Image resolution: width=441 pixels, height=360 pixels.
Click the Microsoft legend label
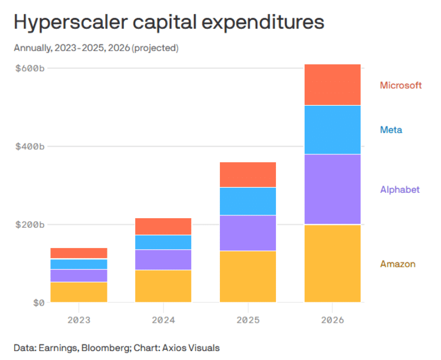click(400, 85)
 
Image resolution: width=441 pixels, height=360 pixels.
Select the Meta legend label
click(391, 130)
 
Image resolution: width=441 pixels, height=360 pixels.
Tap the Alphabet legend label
click(400, 190)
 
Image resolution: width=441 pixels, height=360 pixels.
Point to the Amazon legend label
click(397, 264)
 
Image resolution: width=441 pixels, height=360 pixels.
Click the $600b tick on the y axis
click(29, 68)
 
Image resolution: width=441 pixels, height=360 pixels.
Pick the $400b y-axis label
click(29, 146)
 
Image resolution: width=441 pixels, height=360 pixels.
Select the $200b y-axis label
click(29, 224)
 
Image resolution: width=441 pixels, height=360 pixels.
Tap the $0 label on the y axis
click(38, 303)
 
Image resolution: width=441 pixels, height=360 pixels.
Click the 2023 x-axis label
click(79, 319)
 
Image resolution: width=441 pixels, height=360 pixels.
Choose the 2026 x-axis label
click(332, 319)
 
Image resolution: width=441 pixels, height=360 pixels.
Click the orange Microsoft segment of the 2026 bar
click(332, 85)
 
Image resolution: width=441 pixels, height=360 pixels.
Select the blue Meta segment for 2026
click(332, 129)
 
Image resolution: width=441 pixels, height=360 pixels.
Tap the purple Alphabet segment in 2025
click(248, 233)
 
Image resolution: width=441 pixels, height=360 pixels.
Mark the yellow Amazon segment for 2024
click(163, 286)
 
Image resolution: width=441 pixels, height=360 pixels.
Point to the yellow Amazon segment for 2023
click(79, 292)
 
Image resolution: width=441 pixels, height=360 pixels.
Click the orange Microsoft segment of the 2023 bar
click(79, 253)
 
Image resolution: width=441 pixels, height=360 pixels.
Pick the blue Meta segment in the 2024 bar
click(163, 242)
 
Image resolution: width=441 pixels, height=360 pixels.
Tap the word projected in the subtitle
click(155, 48)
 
